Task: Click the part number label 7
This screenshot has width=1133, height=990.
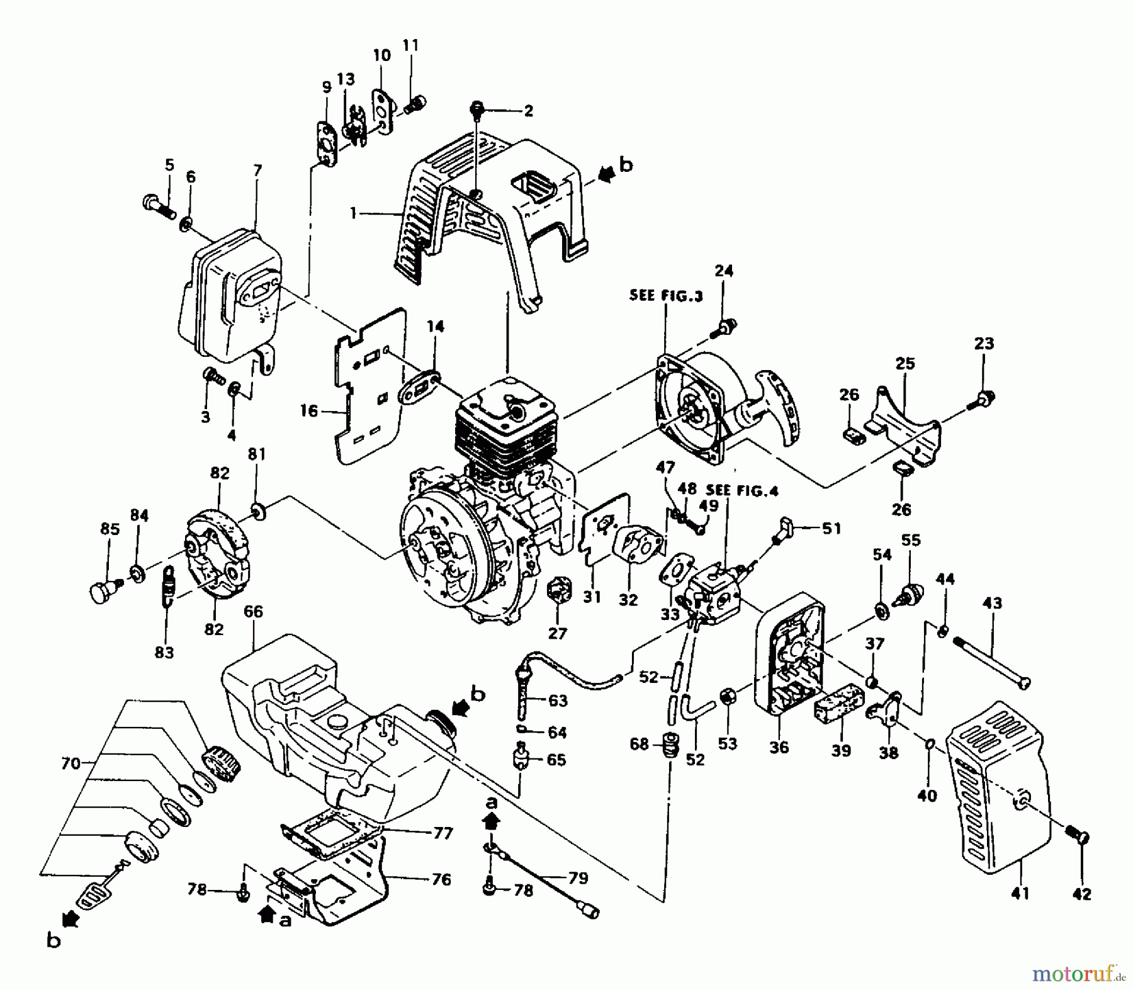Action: [257, 171]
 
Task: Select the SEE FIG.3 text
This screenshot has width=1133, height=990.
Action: [666, 295]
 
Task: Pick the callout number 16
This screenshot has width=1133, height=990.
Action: [309, 411]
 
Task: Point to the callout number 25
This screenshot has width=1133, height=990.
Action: [905, 364]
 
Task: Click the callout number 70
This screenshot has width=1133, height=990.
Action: [70, 763]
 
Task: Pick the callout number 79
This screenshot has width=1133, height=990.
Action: [577, 878]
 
